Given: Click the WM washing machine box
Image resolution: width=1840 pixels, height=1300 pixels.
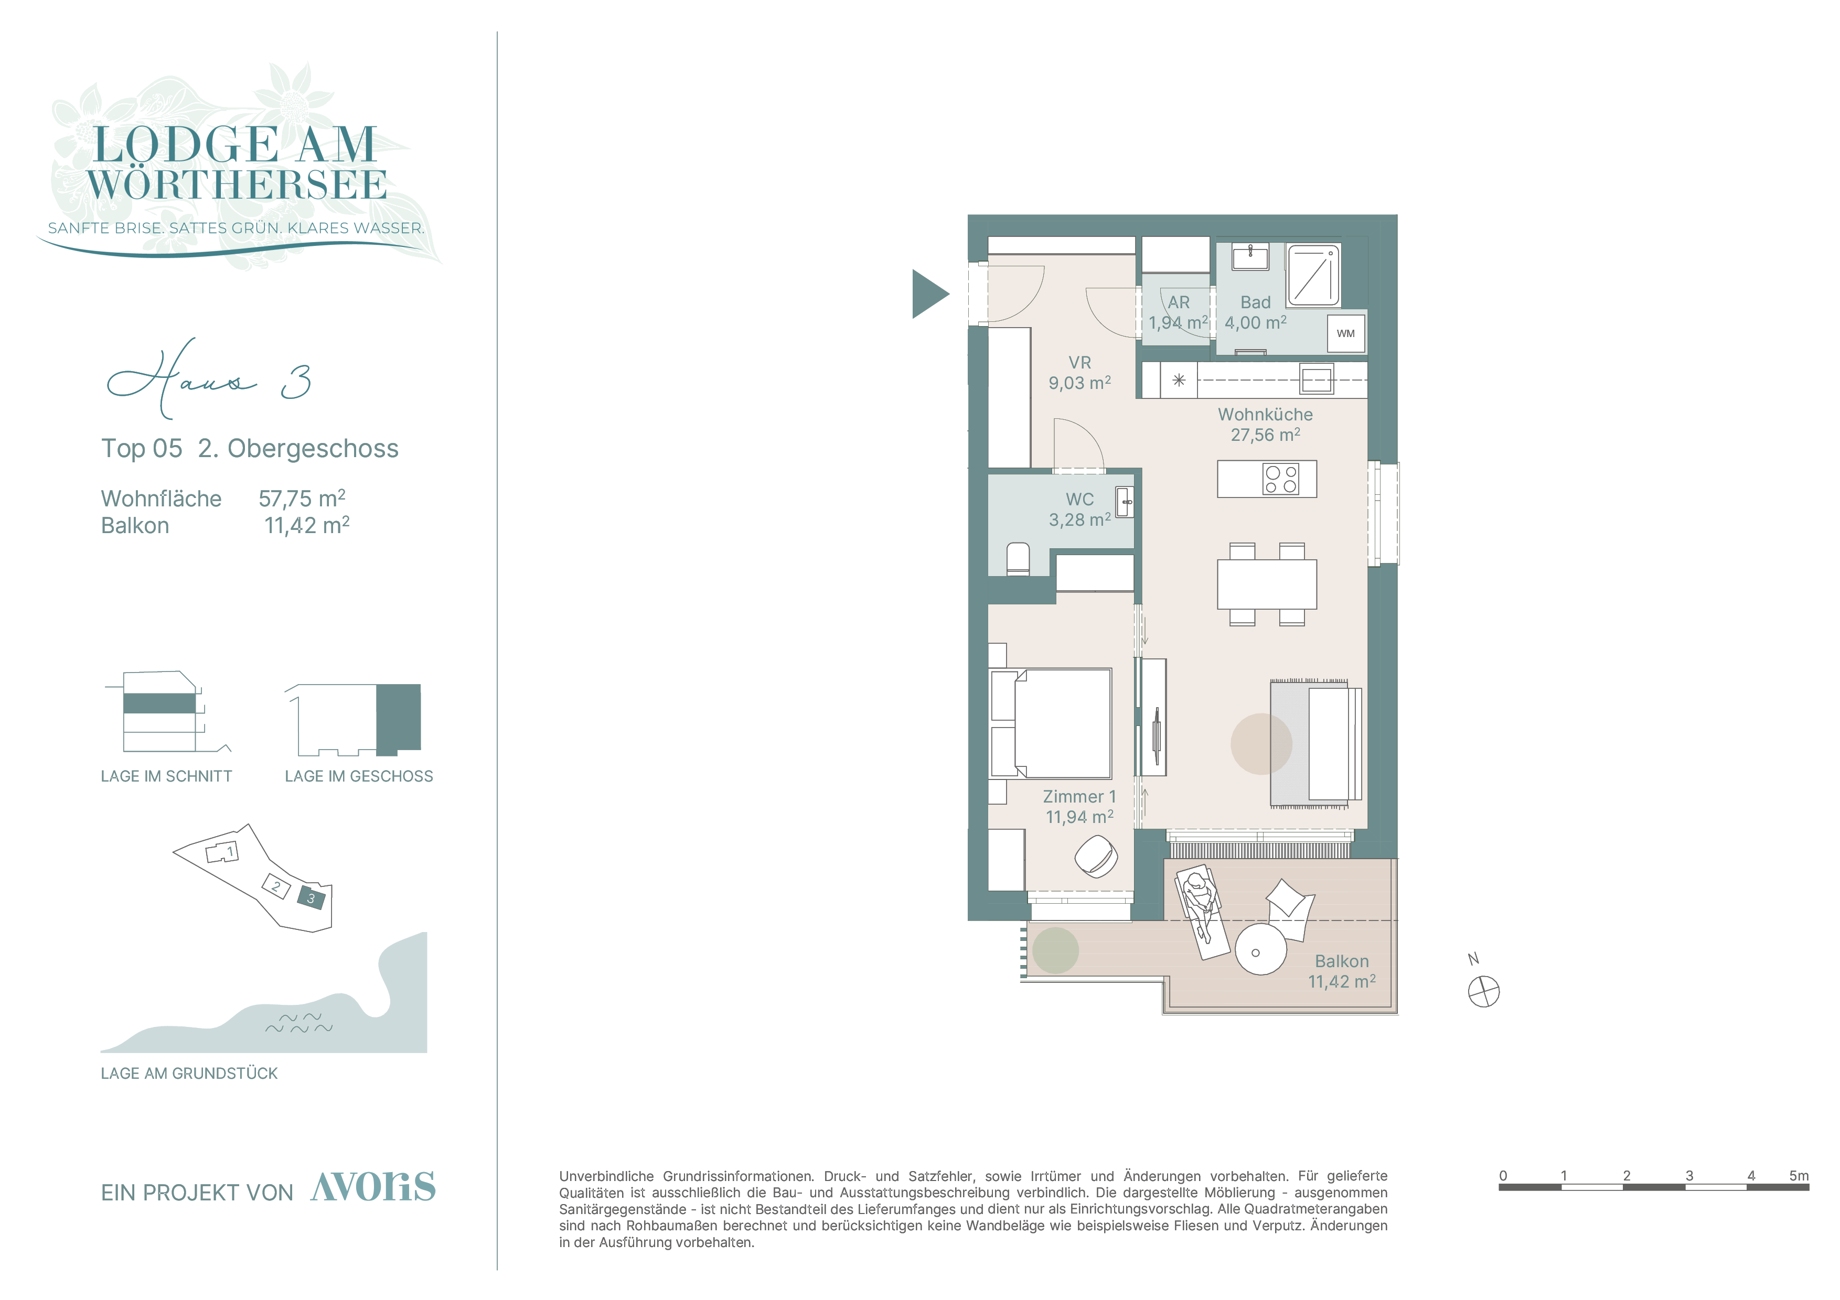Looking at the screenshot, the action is [x=1345, y=333].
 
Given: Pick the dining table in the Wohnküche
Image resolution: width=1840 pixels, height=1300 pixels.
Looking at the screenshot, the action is [x=1266, y=584].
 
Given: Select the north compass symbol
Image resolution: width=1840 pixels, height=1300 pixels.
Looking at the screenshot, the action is [x=1483, y=992].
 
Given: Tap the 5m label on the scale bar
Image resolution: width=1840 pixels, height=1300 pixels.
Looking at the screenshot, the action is [x=1799, y=1176].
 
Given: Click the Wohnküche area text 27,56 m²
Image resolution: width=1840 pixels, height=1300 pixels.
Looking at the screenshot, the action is [x=1266, y=435].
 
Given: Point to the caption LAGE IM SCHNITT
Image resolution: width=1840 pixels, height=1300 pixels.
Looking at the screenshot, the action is [x=167, y=776].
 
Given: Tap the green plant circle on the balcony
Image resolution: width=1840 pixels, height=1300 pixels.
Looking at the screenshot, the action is [x=1055, y=950].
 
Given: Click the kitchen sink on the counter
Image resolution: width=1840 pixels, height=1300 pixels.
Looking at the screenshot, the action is [x=1316, y=380].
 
